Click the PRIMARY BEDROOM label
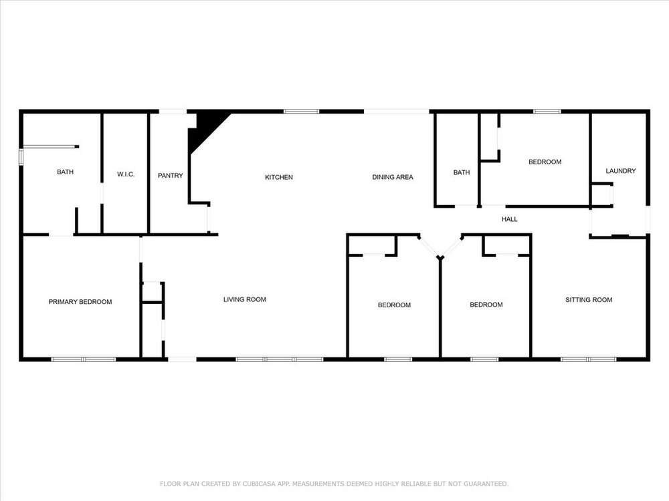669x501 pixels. pos(80,302)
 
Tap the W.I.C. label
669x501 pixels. pos(126,174)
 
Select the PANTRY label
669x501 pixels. pos(170,176)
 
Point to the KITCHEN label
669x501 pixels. pos(279,177)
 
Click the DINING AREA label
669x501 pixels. pos(393,177)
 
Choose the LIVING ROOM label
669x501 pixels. pos(245,299)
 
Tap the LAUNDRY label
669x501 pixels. pos(621,171)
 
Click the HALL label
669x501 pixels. pos(509,219)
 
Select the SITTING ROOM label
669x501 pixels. pos(589,300)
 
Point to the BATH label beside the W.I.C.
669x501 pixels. pos(66,172)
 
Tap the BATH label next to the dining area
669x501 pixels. pos(462,172)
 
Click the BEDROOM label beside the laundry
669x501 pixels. pos(545,162)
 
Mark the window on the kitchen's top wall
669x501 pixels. pos(302,112)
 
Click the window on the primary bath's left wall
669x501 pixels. pos(21,156)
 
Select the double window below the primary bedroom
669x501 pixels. pos(84,359)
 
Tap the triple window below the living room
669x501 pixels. pos(280,359)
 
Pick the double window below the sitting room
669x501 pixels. pos(588,359)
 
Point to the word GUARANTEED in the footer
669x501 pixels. pos(486,484)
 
